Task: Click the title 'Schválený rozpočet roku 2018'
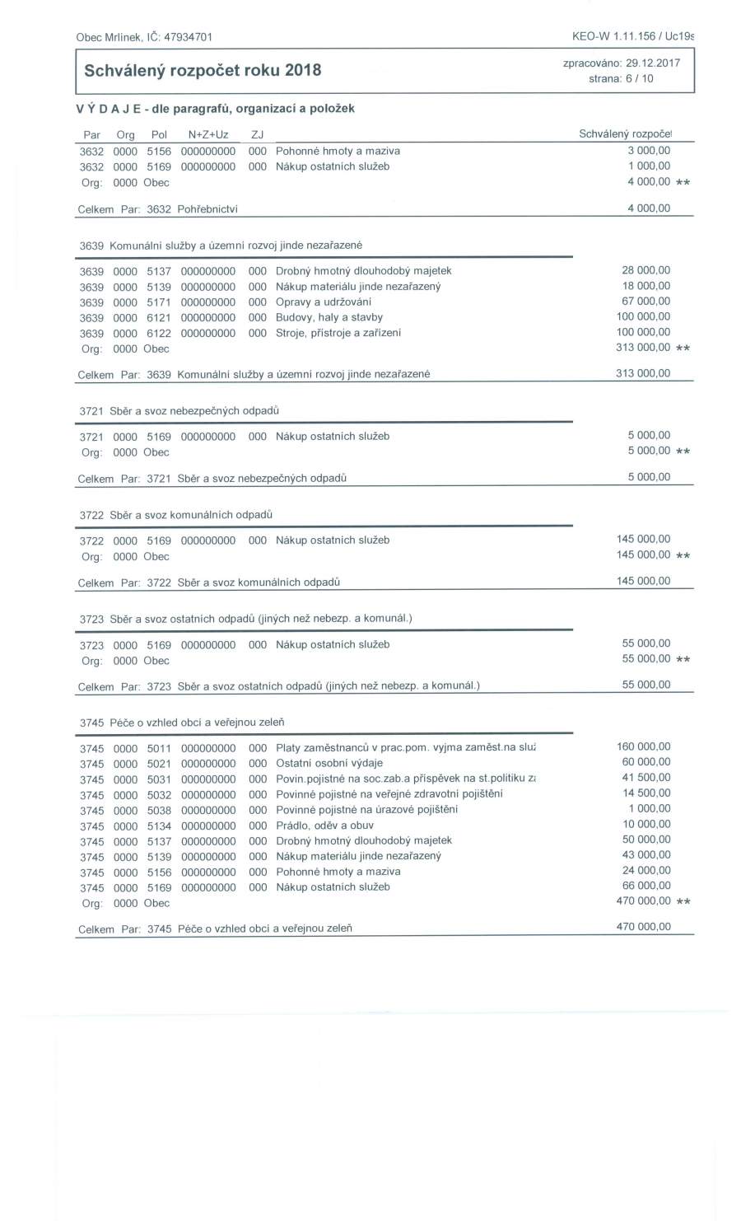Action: (x=203, y=70)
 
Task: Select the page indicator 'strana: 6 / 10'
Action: (x=621, y=79)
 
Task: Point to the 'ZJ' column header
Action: (x=257, y=134)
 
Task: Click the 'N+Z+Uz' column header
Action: (x=208, y=134)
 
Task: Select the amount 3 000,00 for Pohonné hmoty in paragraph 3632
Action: (x=649, y=151)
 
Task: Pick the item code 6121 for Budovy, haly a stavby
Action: (x=159, y=317)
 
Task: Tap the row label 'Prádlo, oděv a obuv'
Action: (x=324, y=825)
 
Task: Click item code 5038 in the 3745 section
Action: (x=159, y=810)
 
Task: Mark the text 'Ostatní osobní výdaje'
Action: (x=329, y=763)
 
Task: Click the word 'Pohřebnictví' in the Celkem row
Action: (x=207, y=209)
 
